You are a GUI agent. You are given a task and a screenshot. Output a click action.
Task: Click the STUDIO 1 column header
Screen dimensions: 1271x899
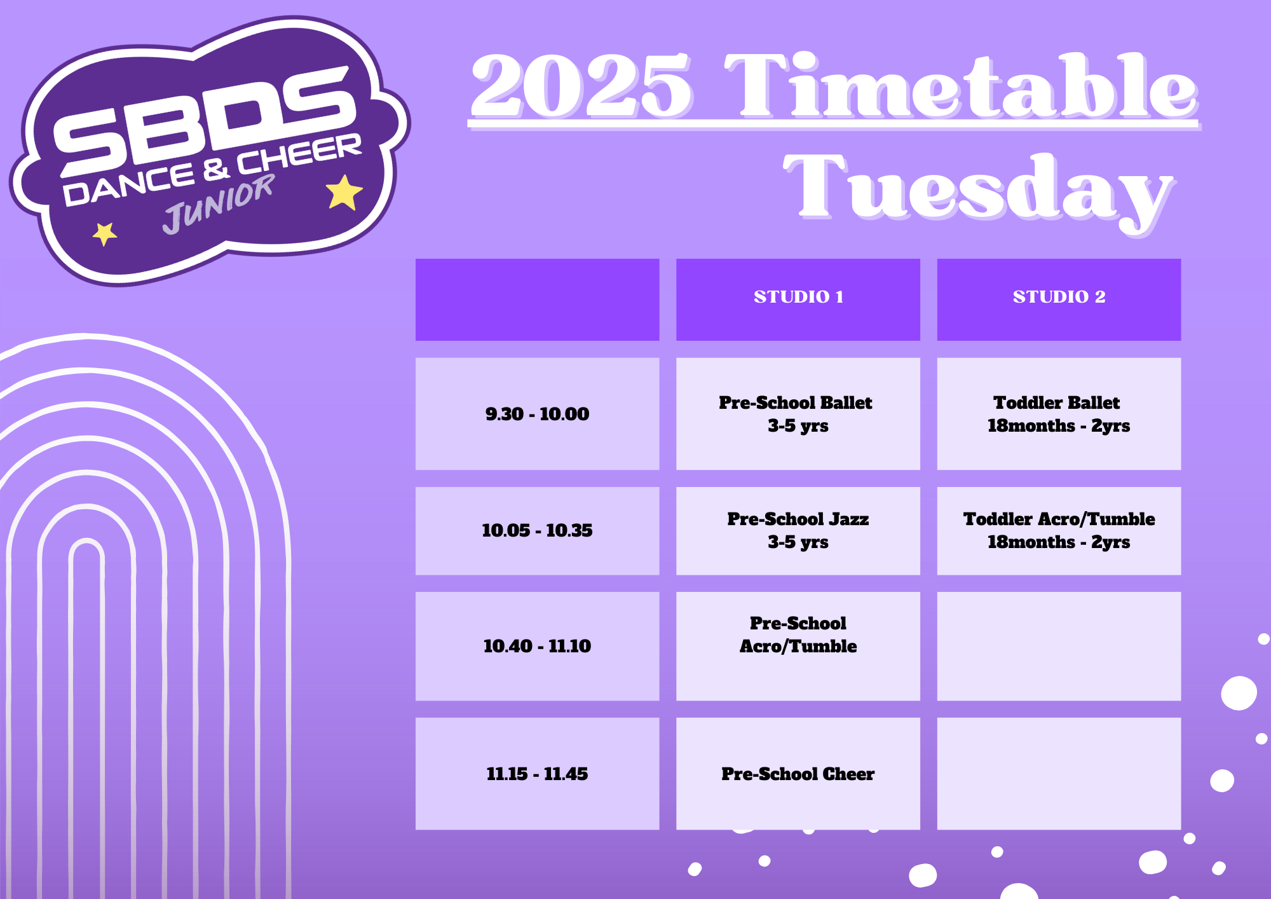point(798,299)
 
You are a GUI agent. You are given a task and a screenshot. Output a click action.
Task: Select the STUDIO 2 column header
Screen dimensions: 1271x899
point(1059,299)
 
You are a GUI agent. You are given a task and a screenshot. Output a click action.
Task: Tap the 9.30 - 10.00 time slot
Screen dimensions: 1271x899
point(537,414)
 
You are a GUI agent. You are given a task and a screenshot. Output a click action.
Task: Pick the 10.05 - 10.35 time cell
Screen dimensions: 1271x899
point(537,531)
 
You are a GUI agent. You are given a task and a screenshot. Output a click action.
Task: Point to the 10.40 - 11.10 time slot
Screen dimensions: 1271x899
point(537,647)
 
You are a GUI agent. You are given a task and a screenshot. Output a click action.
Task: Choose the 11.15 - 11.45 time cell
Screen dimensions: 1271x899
point(537,774)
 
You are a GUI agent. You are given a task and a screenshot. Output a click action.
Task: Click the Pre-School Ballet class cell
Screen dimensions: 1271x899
point(798,414)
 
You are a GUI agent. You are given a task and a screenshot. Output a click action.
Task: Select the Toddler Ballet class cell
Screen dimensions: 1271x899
point(1059,414)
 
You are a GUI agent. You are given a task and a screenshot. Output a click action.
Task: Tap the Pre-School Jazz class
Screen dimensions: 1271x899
point(798,531)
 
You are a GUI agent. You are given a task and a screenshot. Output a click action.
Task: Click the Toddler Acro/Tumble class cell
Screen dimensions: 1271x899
point(1059,531)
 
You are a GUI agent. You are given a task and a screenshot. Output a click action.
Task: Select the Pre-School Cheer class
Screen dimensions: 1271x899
point(798,774)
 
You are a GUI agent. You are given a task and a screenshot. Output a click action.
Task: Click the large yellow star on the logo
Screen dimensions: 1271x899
point(344,192)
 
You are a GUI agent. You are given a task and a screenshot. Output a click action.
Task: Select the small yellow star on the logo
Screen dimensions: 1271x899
point(105,233)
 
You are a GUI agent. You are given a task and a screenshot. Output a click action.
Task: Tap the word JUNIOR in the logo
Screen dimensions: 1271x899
point(218,205)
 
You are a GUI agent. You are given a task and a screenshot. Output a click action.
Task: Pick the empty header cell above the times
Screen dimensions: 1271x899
point(537,299)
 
